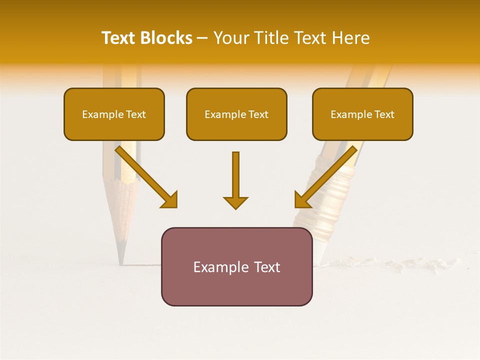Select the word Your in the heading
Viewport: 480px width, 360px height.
231,38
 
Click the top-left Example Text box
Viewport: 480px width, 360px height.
114,114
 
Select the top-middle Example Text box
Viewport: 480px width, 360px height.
236,114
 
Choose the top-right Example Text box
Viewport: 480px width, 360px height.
362,114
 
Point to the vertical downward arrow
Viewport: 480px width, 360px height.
235,180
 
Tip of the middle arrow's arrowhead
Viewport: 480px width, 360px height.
235,208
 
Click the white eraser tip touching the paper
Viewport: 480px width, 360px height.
319,252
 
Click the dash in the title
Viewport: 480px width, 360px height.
202,38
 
